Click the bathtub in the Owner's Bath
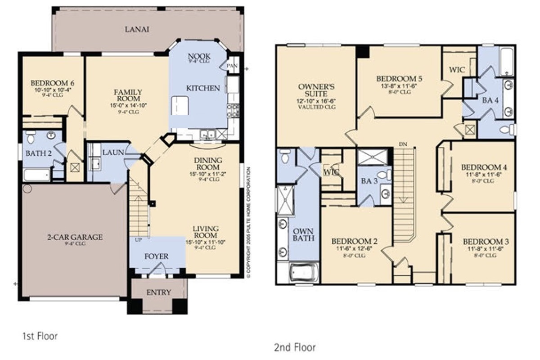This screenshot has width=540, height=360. pyautogui.click(x=304, y=273)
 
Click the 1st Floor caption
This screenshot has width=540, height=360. pyautogui.click(x=40, y=336)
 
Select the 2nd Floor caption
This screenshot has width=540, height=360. pyautogui.click(x=295, y=347)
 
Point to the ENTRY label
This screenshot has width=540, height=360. pyautogui.click(x=159, y=292)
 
